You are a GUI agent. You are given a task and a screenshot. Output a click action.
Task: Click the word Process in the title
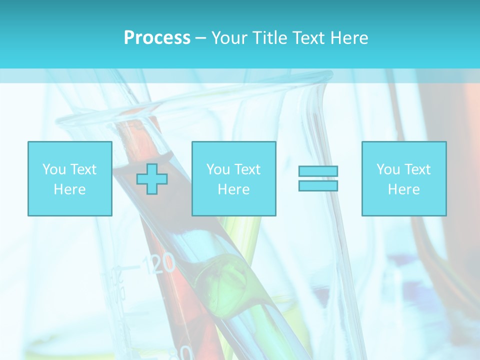[157, 38]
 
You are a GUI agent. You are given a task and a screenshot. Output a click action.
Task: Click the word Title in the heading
[268, 38]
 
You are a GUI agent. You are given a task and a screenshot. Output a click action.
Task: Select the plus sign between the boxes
[152, 179]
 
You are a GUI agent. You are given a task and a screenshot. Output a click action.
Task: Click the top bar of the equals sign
[318, 171]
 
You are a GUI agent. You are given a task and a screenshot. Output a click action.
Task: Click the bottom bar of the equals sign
[318, 185]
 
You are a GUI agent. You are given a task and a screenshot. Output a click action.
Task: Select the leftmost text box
[70, 178]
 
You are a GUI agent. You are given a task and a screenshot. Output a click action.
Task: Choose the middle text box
[233, 178]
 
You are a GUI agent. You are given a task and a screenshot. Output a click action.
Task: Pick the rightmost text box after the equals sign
[404, 178]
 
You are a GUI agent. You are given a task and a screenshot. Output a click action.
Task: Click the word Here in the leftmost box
[69, 189]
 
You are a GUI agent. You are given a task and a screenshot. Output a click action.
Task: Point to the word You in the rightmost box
[388, 169]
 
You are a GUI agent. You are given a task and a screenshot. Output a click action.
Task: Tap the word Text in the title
[306, 38]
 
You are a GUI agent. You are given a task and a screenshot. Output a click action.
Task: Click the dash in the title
[201, 38]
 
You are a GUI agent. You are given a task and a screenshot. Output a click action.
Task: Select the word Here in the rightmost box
[403, 189]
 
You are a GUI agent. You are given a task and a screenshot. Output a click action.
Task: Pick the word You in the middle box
[218, 169]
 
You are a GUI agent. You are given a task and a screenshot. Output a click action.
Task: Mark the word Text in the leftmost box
[83, 169]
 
